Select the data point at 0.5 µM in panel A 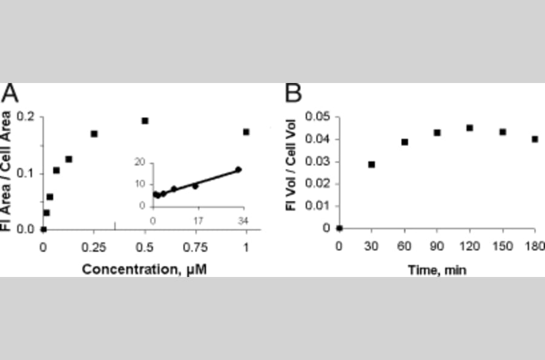coord(145,121)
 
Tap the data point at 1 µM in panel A coord(246,132)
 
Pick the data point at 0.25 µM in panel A coord(94,133)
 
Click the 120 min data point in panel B coord(469,128)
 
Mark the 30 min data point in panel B coord(371,164)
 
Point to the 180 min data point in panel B coord(535,139)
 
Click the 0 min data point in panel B coord(339,228)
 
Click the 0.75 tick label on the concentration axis coord(196,247)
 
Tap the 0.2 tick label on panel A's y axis coord(28,118)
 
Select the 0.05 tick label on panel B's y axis coord(319,116)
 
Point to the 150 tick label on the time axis coord(502,246)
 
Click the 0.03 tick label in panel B coord(319,161)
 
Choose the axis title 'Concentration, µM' coord(144,268)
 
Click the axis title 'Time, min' coord(437,268)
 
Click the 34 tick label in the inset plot coord(243,219)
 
